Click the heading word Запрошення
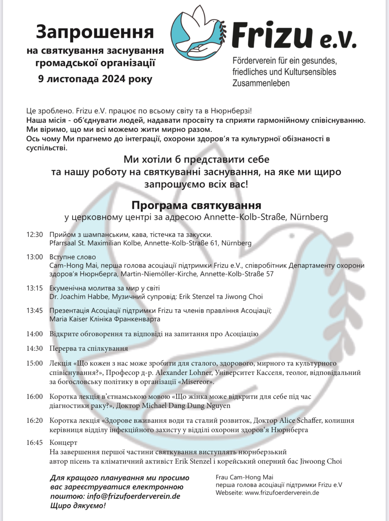95,32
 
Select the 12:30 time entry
35,234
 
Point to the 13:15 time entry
35,288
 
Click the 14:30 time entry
35,348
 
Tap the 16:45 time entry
35,443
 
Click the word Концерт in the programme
63,443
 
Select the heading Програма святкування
196,205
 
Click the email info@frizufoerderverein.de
133,496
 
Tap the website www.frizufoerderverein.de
282,493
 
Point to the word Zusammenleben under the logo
261,83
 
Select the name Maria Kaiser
68,319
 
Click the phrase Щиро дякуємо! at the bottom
78,506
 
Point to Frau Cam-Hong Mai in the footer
244,477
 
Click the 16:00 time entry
35,397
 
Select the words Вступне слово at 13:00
73,257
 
